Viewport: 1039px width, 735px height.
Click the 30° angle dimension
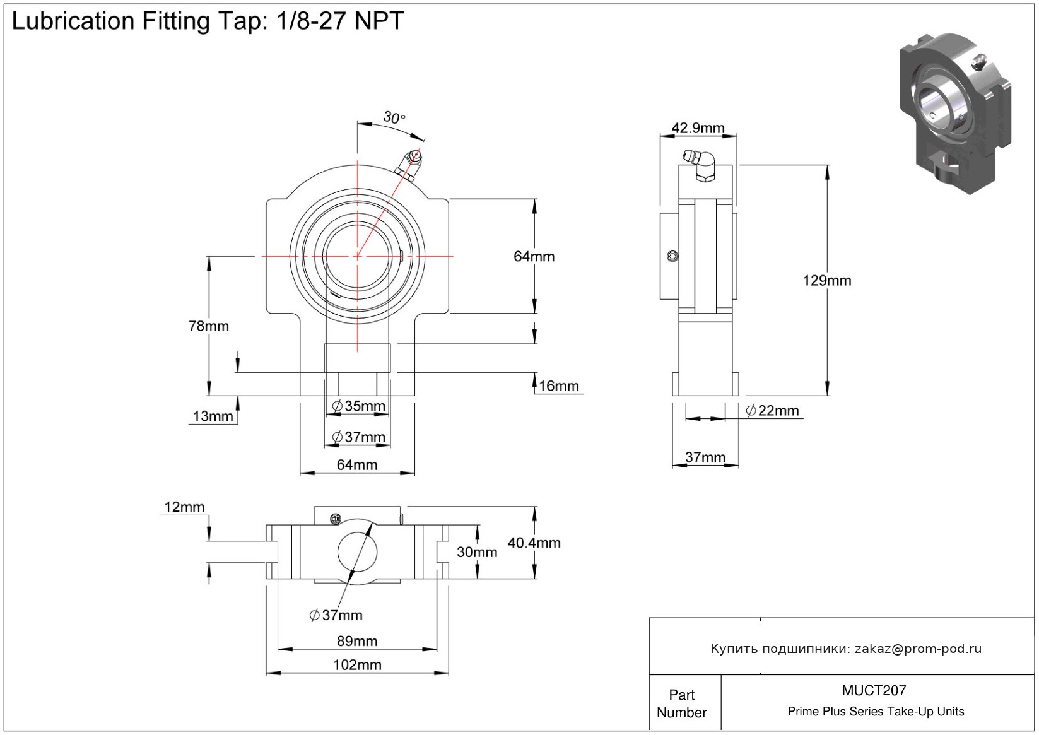coord(394,117)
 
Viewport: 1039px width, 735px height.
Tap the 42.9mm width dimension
coord(698,128)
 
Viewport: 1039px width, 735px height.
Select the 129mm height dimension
coord(826,280)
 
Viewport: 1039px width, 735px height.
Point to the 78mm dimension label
coord(209,326)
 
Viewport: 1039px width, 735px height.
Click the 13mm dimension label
coord(213,416)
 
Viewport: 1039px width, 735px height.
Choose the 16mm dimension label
coord(559,386)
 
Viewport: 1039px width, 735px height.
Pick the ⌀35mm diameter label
coord(358,406)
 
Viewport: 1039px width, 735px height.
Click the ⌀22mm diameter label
coord(772,411)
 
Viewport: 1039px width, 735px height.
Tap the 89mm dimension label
coord(357,641)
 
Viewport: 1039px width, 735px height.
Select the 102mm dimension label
coord(357,664)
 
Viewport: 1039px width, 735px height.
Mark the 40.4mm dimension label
coord(534,543)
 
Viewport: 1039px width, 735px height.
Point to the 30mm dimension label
coord(477,552)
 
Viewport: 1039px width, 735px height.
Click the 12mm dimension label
coord(184,507)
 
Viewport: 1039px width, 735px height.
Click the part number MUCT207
coord(874,690)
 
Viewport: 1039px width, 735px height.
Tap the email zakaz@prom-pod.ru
coord(918,649)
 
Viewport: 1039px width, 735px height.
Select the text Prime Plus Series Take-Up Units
coord(876,712)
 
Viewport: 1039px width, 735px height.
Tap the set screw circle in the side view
coord(672,256)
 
